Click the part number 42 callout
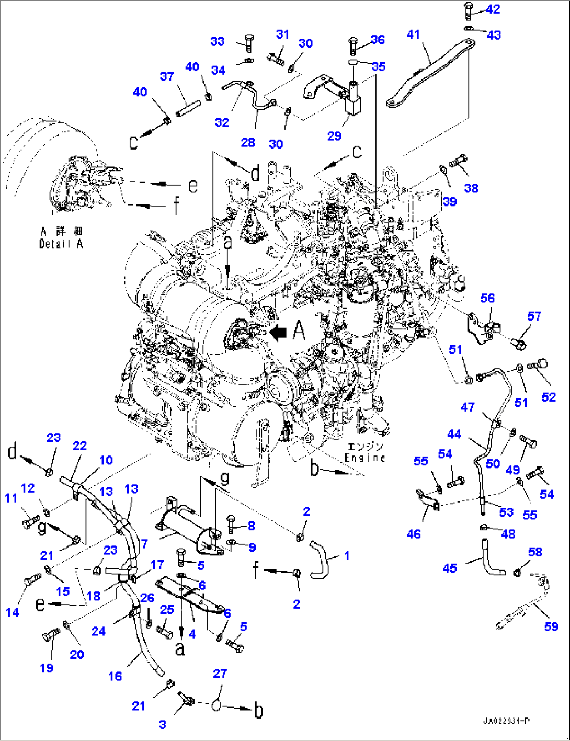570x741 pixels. point(493,9)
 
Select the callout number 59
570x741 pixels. point(551,626)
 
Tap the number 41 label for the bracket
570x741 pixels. point(413,35)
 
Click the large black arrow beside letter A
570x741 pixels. point(279,331)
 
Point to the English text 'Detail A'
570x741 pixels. point(61,244)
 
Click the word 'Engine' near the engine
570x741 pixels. point(364,458)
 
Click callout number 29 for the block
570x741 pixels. point(334,136)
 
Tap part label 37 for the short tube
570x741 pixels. point(167,77)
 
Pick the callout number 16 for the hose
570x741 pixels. point(115,676)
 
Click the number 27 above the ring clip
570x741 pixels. point(220,674)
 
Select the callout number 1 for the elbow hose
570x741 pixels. point(347,556)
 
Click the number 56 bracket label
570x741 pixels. point(487,298)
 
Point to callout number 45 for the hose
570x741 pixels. point(450,568)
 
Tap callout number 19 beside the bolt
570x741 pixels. point(47,668)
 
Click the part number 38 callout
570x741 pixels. point(471,188)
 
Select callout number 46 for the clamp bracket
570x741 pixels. point(414,534)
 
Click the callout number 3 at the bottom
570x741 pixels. point(163,724)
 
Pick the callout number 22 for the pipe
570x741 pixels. point(79,446)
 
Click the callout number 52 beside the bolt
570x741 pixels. point(549,397)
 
